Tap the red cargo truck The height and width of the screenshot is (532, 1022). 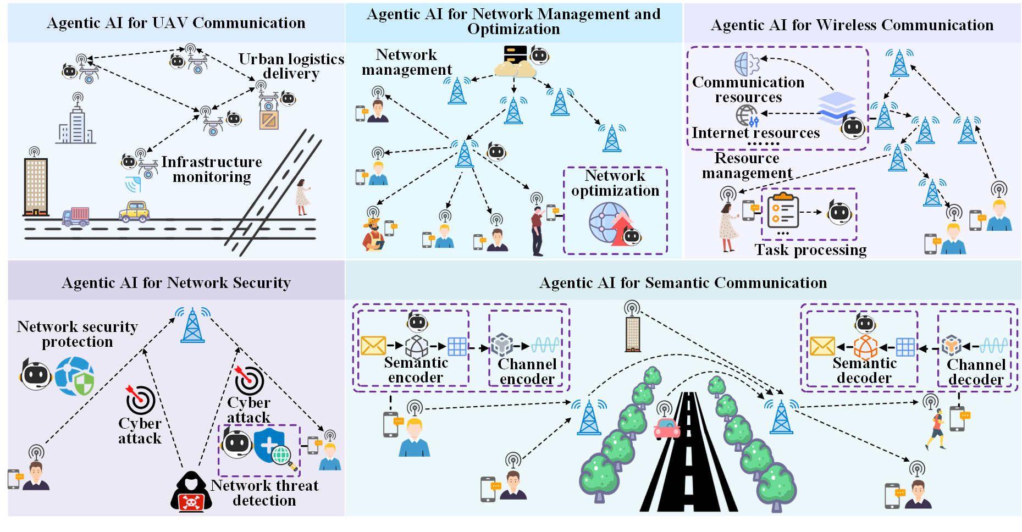(76, 217)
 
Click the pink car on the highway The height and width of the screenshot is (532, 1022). (667, 428)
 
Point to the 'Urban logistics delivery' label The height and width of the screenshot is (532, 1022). (291, 66)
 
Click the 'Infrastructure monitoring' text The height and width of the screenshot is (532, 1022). (212, 169)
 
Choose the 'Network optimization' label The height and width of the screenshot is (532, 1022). (615, 183)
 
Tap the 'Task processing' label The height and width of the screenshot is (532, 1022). (810, 250)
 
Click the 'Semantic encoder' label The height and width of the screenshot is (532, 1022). (416, 370)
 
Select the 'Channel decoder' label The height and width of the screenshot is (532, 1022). (976, 372)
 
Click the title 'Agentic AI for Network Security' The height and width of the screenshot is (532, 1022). (176, 282)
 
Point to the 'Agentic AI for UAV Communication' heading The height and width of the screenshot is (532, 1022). (176, 23)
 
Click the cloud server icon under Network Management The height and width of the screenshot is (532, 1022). (515, 62)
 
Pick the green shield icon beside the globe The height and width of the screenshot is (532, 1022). (84, 384)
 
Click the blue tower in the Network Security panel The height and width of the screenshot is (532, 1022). (192, 325)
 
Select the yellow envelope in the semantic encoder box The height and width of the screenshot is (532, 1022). (373, 346)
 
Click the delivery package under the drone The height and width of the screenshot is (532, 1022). (269, 120)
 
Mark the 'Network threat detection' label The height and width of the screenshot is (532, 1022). (264, 493)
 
